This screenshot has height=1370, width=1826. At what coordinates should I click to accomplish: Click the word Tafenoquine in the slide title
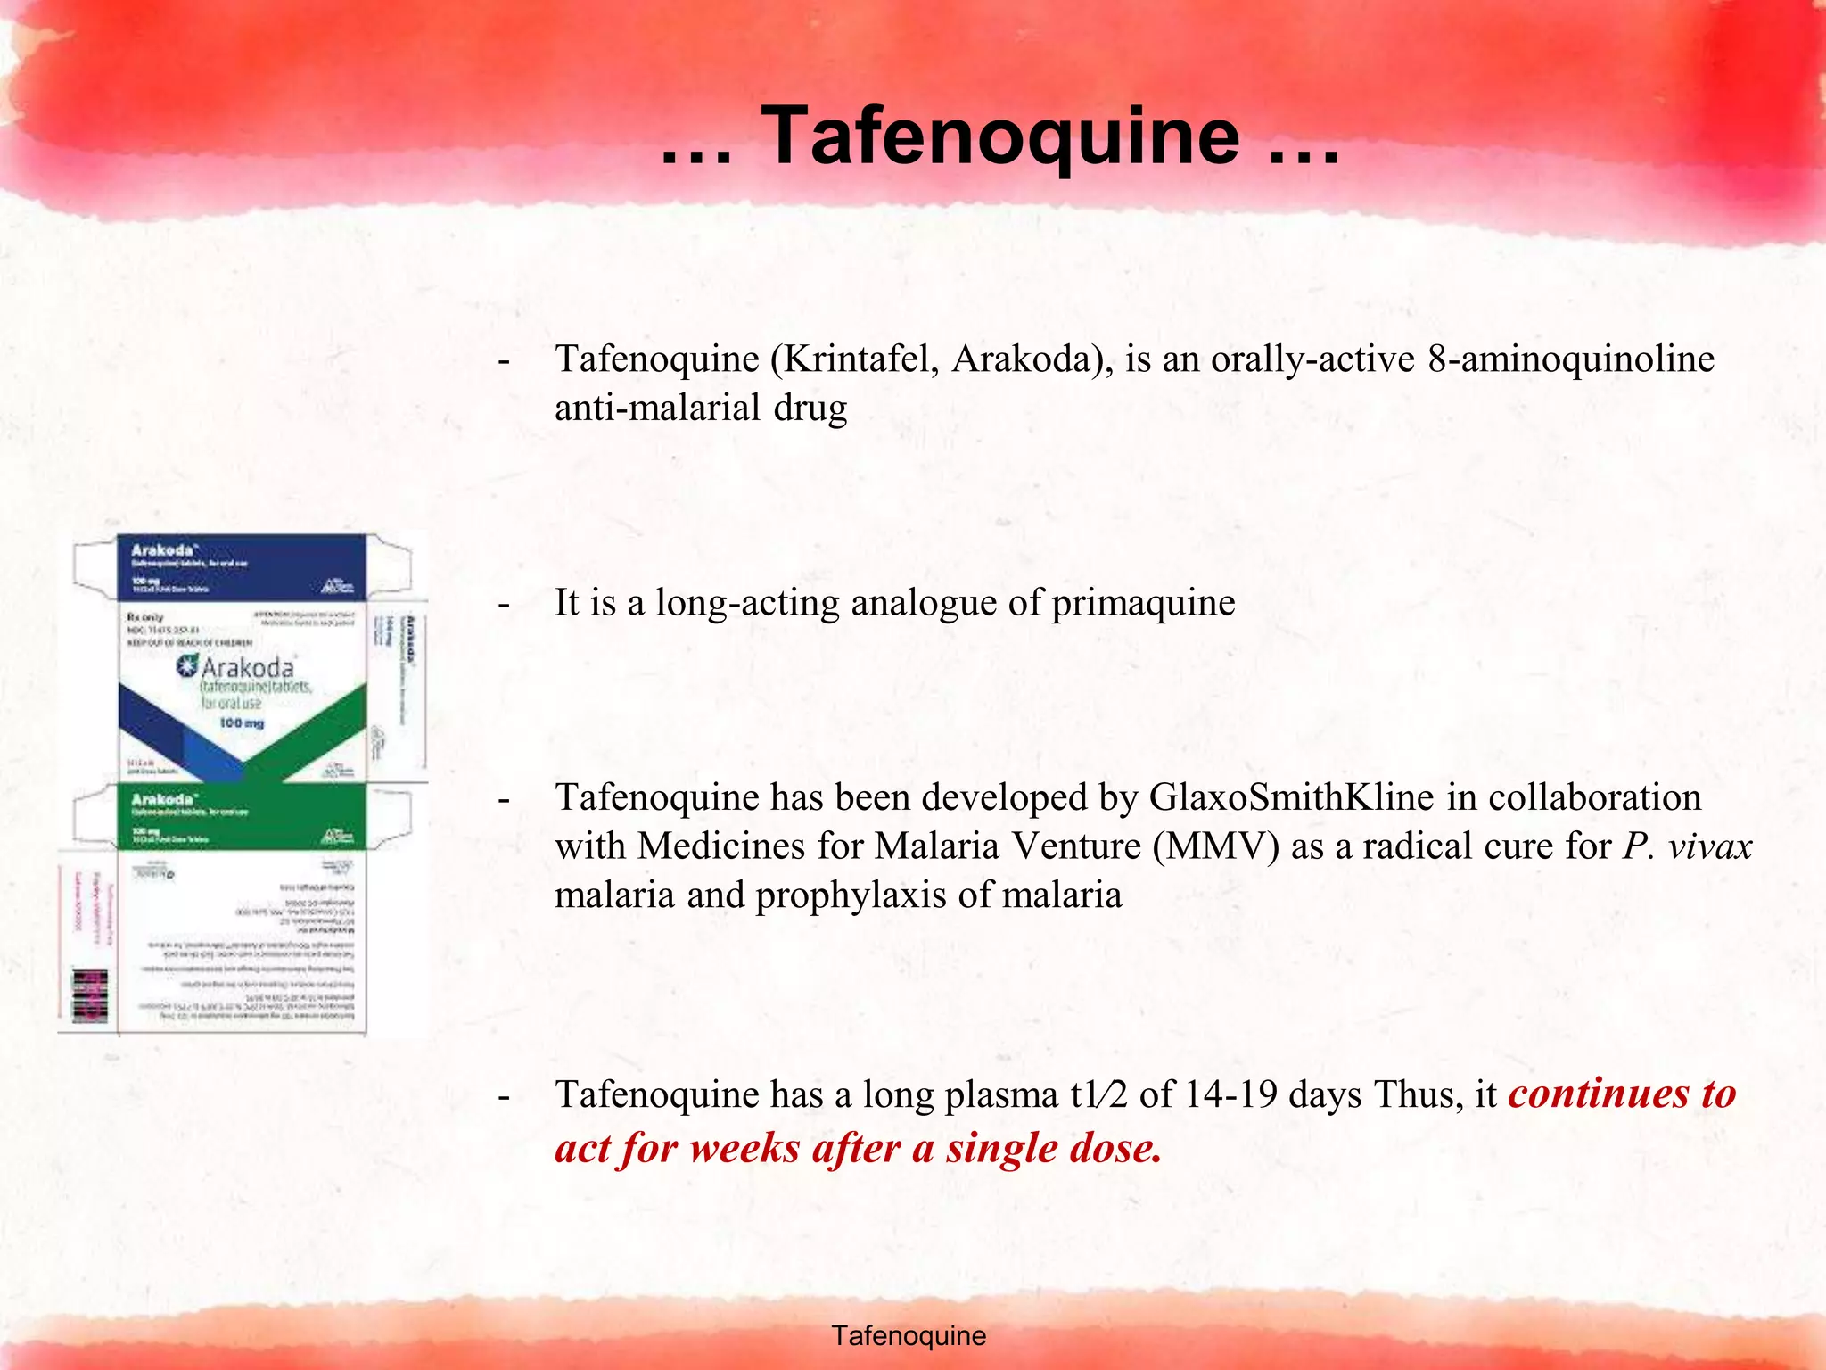(999, 136)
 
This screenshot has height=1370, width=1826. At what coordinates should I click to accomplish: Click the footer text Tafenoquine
(908, 1335)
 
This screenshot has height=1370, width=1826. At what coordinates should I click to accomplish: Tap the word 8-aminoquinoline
(1570, 359)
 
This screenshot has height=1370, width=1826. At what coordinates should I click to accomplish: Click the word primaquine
(1143, 602)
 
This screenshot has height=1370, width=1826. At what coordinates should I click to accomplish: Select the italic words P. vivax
(1687, 846)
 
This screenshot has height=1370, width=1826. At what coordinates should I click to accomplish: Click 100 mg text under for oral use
(242, 722)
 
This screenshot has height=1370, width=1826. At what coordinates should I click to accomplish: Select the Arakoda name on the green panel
(163, 798)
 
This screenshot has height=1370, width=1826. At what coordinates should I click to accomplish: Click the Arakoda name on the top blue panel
(163, 550)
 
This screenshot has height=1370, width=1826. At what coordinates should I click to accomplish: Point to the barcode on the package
(89, 997)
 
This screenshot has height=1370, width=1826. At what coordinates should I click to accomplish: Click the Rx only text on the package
(145, 616)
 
